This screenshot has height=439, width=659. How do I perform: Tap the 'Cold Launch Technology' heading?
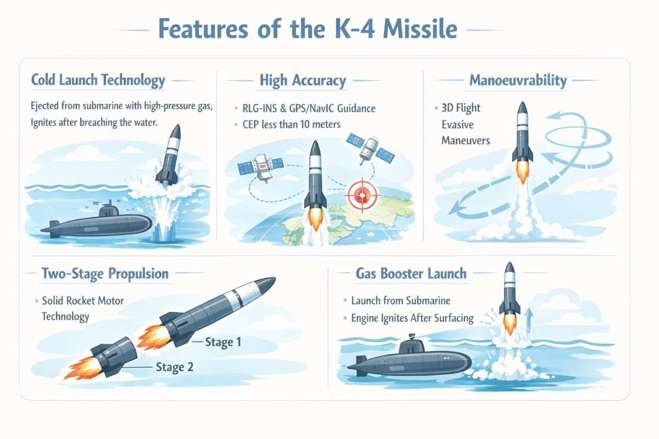[98, 81]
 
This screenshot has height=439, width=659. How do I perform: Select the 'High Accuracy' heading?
[303, 81]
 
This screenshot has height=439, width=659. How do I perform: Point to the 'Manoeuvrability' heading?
[517, 81]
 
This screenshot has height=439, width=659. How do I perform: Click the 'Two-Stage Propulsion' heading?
[105, 273]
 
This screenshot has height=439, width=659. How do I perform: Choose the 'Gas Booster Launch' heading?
[411, 273]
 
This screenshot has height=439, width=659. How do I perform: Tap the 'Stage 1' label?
[223, 342]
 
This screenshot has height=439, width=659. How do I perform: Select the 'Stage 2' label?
[175, 367]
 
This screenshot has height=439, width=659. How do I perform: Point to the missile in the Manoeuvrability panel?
[522, 137]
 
